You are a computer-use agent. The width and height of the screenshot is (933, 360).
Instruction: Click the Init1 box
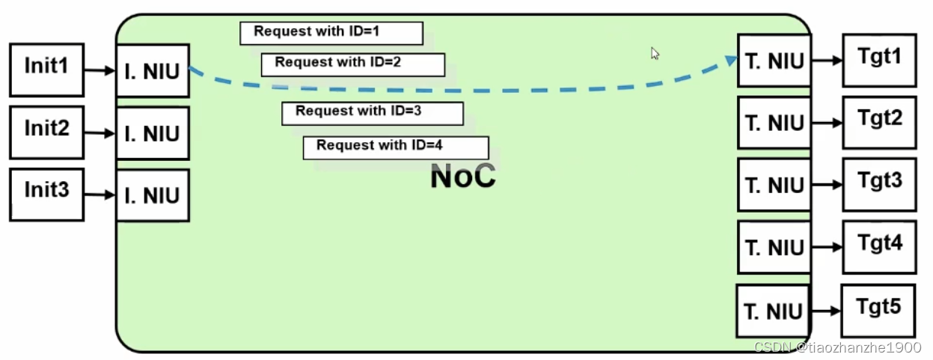click(46, 70)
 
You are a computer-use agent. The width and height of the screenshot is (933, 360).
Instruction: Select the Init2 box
click(46, 132)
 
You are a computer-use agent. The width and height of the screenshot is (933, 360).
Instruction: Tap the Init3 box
click(46, 195)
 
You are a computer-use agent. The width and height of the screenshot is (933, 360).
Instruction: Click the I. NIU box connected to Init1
click(153, 71)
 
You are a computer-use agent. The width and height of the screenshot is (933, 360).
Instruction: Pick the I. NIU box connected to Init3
click(153, 196)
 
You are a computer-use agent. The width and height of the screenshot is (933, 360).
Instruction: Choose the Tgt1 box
click(879, 60)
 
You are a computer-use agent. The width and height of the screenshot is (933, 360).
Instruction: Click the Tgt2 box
click(879, 122)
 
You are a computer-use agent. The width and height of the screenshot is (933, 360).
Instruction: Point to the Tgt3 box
click(879, 184)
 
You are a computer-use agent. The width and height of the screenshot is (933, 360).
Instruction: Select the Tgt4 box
click(879, 246)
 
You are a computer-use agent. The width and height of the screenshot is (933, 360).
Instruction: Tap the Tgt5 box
click(878, 310)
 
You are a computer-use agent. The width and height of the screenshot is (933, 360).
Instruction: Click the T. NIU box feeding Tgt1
click(774, 61)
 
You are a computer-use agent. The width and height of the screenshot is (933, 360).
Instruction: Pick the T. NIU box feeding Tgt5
click(773, 311)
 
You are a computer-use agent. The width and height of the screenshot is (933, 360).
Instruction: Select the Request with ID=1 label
click(331, 33)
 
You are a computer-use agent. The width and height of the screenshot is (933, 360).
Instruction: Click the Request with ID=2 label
click(353, 64)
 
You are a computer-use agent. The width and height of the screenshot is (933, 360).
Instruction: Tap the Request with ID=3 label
click(373, 113)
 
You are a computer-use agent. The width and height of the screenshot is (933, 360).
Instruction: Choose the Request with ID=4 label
click(396, 147)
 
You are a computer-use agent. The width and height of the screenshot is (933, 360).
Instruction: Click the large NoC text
click(462, 177)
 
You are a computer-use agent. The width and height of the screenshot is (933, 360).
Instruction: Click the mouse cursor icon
click(655, 53)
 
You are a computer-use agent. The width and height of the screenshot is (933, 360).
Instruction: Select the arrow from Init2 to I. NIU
click(100, 133)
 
